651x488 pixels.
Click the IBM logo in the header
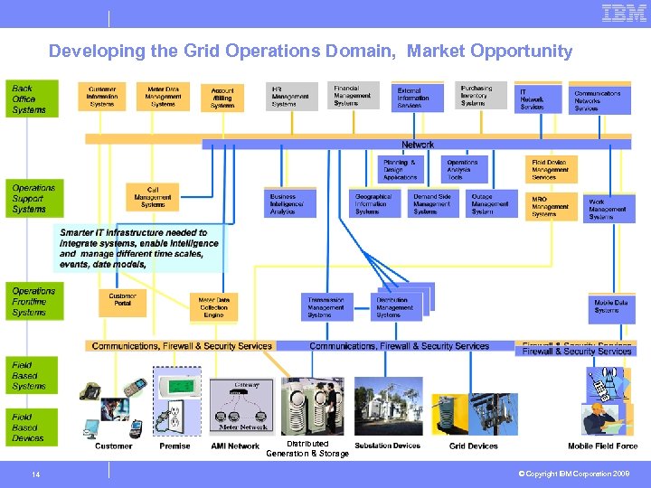tap(624, 13)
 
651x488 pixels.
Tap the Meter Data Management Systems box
tap(164, 97)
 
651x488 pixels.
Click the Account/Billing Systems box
tap(222, 98)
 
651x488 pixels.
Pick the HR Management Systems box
tap(290, 97)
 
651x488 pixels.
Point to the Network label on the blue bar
tap(418, 145)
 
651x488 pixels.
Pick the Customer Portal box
tap(122, 302)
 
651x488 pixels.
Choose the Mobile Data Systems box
tap(612, 307)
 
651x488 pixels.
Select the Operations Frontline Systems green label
tap(34, 302)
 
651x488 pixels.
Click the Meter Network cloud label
tap(242, 427)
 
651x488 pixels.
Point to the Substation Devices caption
tap(387, 446)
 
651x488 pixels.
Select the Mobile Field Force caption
tap(602, 446)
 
